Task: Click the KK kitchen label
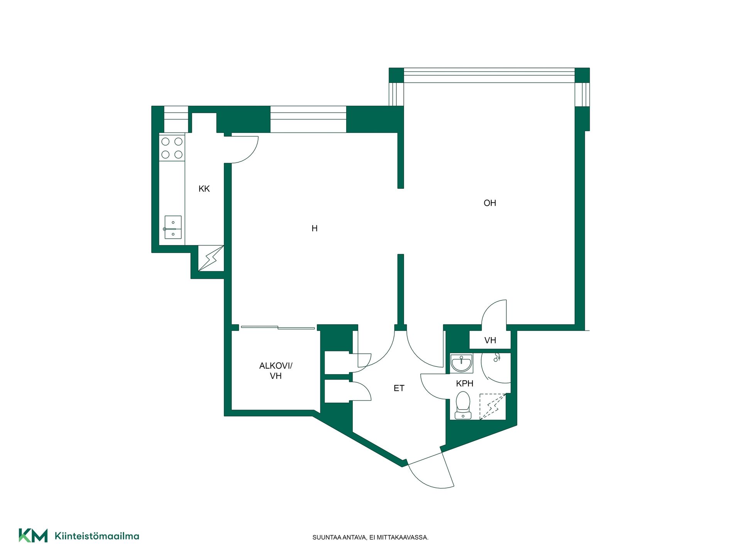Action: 204,189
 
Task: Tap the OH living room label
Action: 490,203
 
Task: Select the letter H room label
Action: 315,229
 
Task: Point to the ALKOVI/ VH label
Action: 276,371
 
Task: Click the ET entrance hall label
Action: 399,388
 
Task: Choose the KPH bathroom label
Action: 465,383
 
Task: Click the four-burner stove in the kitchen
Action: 172,148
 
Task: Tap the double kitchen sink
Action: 173,227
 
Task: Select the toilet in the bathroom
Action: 463,405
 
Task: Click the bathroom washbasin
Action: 461,363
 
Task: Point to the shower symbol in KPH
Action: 497,357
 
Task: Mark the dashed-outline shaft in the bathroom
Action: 492,407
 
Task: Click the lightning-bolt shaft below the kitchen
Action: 211,258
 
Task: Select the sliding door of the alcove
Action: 278,328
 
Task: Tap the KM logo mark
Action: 33,536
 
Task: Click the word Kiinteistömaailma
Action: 97,536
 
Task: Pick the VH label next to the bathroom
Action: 490,341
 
